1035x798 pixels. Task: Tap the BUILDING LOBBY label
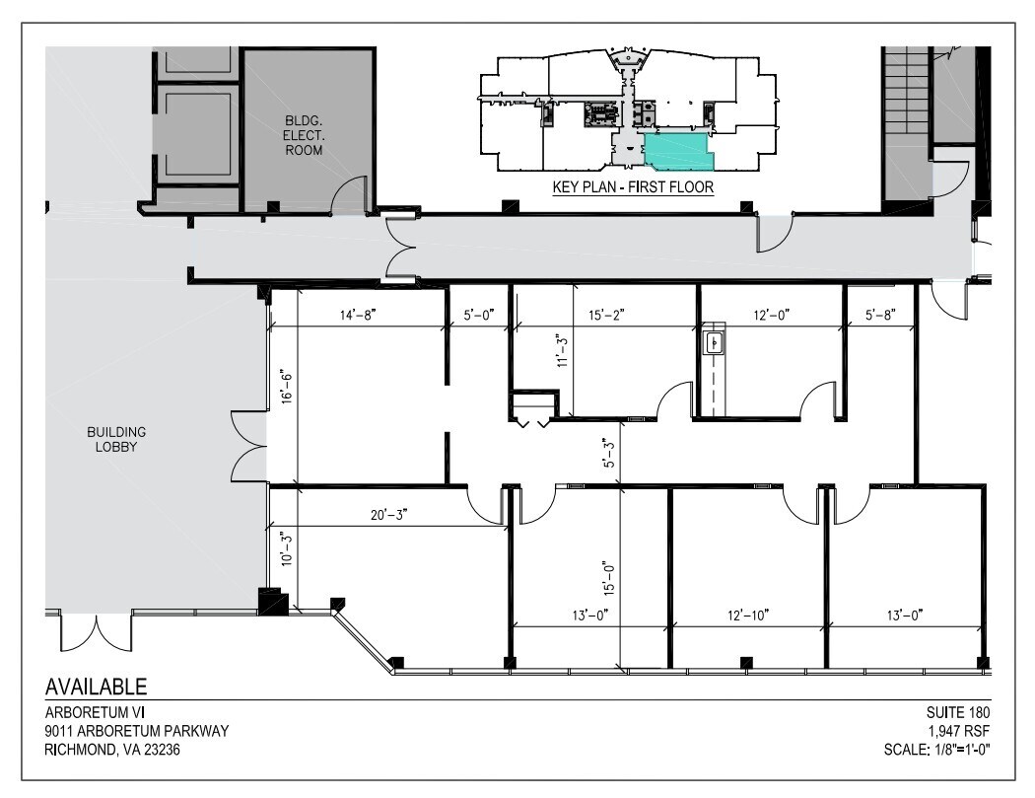pos(116,439)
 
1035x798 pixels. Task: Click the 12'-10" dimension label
pos(746,616)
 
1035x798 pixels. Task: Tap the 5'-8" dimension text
pos(879,316)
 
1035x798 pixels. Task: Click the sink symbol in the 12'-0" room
pos(714,342)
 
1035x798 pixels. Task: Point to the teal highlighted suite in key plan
pos(677,151)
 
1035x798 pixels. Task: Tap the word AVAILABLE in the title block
pos(97,687)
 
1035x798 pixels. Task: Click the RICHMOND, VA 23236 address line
pos(112,750)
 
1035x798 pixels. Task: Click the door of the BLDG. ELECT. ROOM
pos(350,197)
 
